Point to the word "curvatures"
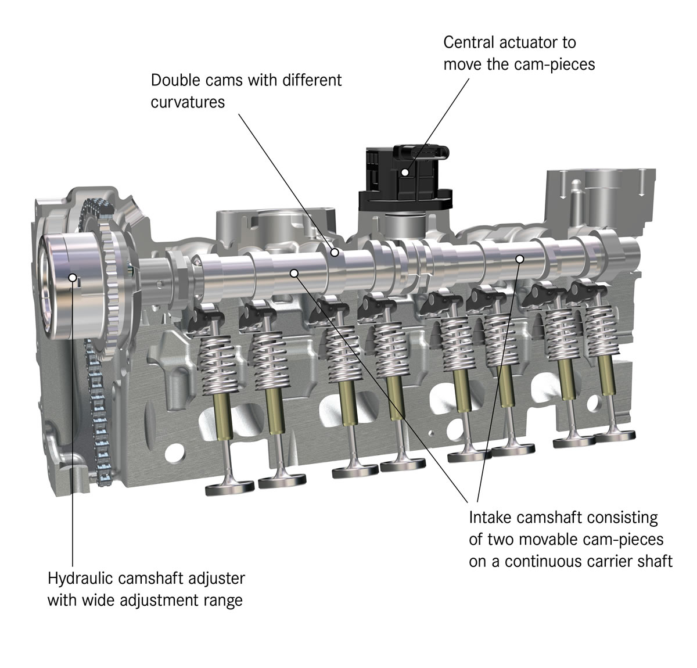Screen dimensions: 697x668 pos(188,102)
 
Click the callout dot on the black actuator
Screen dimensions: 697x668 pos(405,173)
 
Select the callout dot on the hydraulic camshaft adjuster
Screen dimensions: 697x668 pos(73,277)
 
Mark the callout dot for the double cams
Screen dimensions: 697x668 pos(335,253)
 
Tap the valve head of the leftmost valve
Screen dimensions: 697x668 pos(230,488)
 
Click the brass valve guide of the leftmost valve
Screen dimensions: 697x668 pos(223,415)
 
